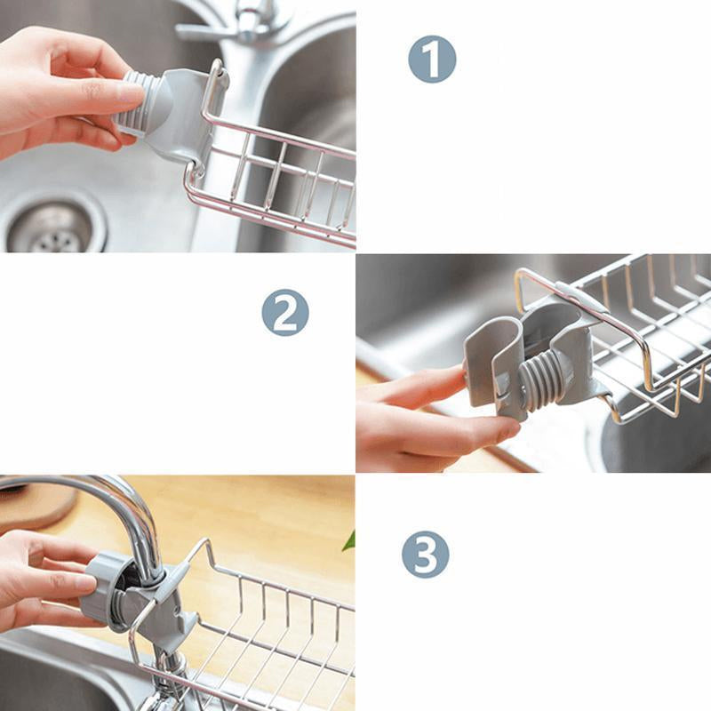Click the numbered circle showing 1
pos(432,60)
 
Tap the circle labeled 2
pos(285,313)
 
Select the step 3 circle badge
pos(426,555)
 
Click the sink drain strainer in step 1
pos(50,229)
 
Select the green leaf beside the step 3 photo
pos(349,540)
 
